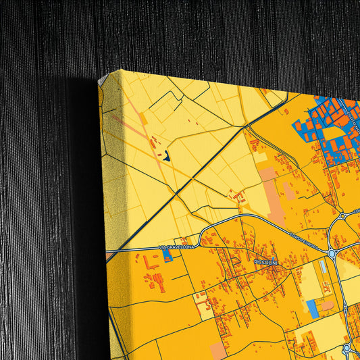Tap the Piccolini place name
click(x=266, y=261)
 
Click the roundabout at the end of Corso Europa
click(x=332, y=253)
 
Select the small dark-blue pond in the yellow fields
click(x=165, y=157)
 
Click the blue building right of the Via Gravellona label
click(x=168, y=255)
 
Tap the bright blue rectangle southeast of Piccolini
click(x=312, y=309)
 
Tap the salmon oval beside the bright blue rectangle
click(x=328, y=305)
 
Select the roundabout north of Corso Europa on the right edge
click(x=344, y=216)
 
